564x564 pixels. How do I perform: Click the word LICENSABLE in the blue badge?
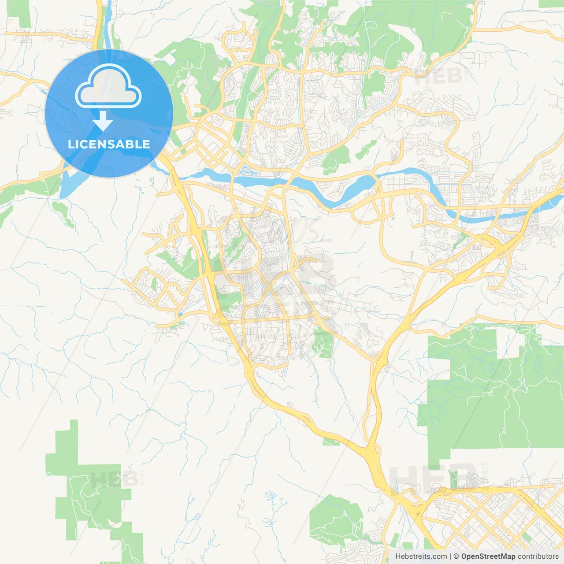pyautogui.click(x=109, y=144)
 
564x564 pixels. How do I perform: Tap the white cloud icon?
pyautogui.click(x=108, y=86)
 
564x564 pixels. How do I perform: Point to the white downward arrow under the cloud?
pyautogui.click(x=103, y=121)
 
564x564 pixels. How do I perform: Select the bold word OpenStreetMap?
pyautogui.click(x=488, y=557)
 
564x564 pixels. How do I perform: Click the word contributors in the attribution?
pyautogui.click(x=538, y=557)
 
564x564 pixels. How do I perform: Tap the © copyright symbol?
pyautogui.click(x=456, y=557)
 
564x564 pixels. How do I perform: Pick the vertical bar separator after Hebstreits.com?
pyautogui.click(x=450, y=557)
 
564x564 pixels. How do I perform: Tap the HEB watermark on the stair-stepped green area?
pyautogui.click(x=108, y=479)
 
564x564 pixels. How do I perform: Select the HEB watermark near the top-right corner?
pyautogui.click(x=438, y=76)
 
